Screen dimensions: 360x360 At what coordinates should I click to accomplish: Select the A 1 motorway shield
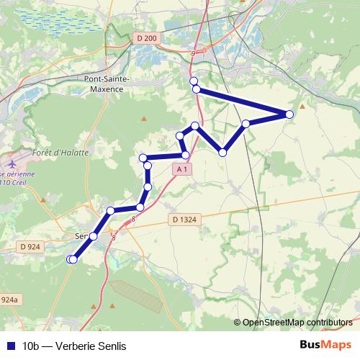[x=184, y=168]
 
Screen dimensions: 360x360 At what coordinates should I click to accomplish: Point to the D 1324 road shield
[x=184, y=219]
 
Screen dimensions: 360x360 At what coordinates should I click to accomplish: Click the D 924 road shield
[x=30, y=246]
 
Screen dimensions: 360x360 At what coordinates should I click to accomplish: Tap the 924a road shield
[x=9, y=300]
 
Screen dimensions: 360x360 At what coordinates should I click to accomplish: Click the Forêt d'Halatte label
[x=60, y=153]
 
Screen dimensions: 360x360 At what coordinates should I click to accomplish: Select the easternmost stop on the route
[x=289, y=114]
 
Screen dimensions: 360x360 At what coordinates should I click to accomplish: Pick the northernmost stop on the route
[x=193, y=80]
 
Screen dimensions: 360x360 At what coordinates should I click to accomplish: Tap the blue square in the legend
[x=10, y=346]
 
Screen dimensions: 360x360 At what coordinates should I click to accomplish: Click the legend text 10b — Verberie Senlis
[x=74, y=346]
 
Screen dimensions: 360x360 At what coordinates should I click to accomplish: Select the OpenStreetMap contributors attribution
[x=297, y=323]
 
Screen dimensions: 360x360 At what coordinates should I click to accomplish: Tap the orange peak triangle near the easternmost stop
[x=302, y=107]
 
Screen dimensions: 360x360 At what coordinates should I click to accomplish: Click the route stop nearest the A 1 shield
[x=185, y=155]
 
